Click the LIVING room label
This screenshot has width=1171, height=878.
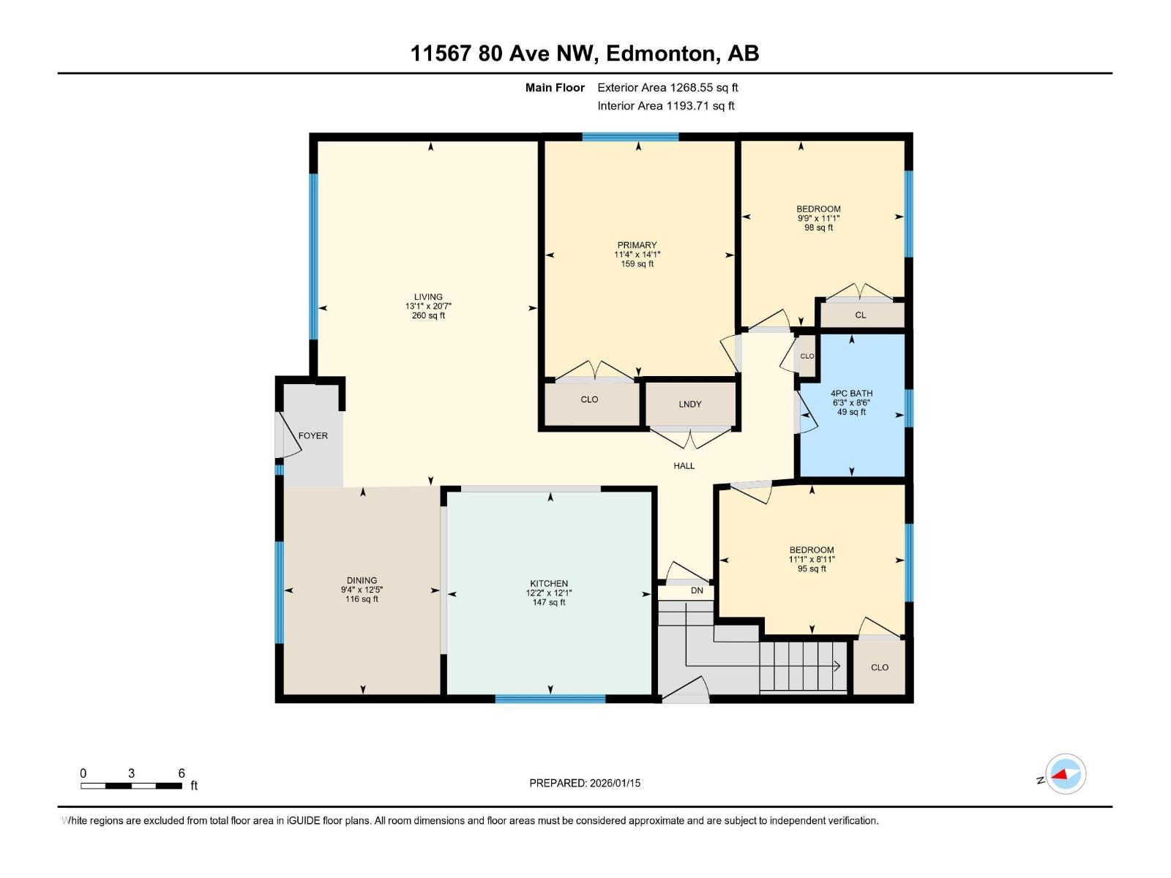(x=428, y=297)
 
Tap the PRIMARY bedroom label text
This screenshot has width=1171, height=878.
(x=637, y=245)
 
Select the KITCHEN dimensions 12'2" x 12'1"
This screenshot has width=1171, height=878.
(x=549, y=593)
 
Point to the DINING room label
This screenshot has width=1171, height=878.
(x=362, y=580)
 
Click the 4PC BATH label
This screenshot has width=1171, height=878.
(x=851, y=393)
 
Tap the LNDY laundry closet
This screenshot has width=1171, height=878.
(x=690, y=404)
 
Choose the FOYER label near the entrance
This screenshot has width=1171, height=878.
(x=313, y=435)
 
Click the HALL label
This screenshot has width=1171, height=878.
(x=684, y=465)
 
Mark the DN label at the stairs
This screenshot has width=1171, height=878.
(x=697, y=590)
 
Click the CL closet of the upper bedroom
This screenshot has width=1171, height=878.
(x=861, y=315)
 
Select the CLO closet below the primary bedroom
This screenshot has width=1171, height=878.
(x=589, y=399)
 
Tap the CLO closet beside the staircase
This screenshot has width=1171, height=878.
(x=880, y=667)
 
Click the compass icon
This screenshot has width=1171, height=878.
(x=1065, y=774)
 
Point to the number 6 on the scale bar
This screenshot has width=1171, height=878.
(x=182, y=773)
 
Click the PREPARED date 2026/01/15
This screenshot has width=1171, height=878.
(x=614, y=783)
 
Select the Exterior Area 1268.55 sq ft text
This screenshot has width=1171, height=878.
(x=667, y=87)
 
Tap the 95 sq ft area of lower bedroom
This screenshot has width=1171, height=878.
(x=812, y=569)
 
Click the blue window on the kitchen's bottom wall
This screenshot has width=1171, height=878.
(x=550, y=699)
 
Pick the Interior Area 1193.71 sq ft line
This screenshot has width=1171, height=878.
(x=665, y=105)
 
